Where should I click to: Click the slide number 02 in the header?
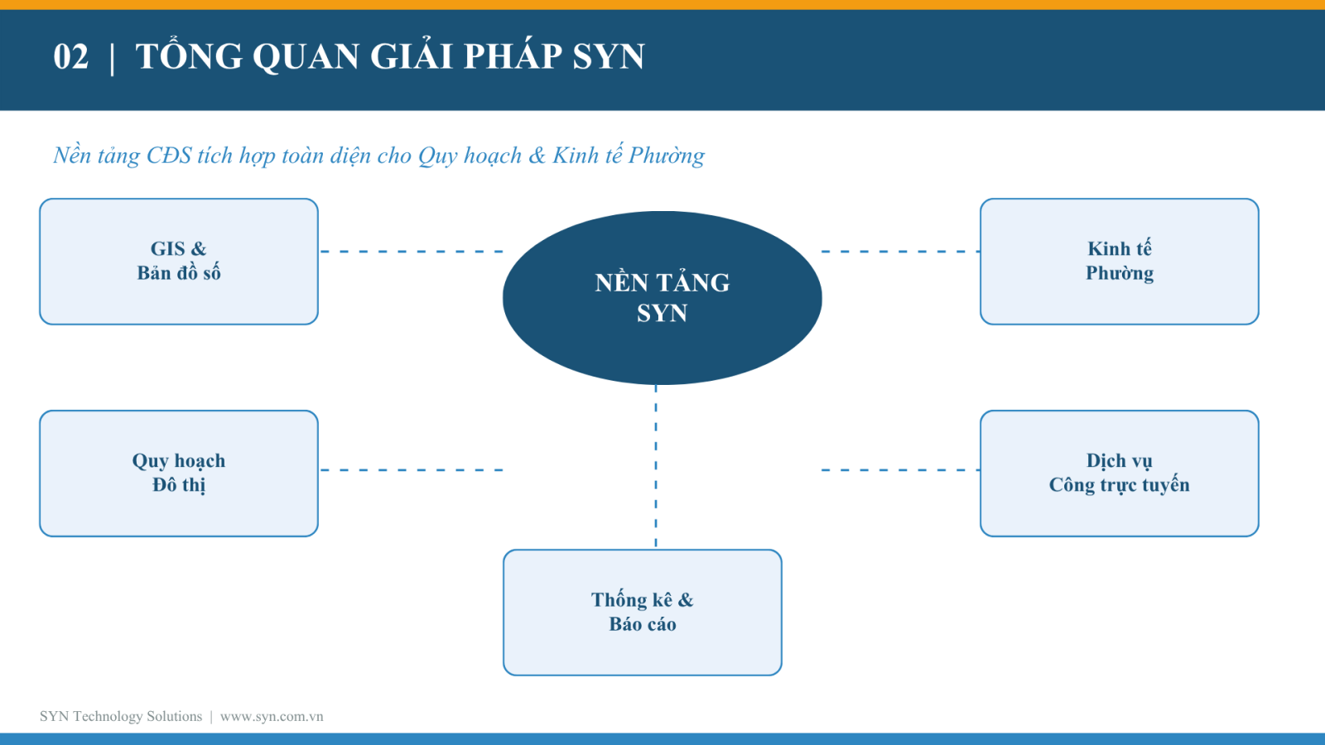pos(70,57)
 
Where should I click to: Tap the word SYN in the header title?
pos(608,57)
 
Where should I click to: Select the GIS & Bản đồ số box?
pos(179,262)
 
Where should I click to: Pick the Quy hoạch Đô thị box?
pos(179,473)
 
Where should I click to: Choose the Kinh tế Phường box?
pos(1120,262)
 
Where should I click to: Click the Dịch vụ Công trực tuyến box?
pos(1120,473)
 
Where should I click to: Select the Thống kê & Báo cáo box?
pos(643,613)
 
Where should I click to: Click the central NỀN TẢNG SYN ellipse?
pos(662,298)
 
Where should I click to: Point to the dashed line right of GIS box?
pos(412,252)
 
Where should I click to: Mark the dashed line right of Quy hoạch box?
pos(412,470)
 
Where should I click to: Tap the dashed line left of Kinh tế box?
pos(900,252)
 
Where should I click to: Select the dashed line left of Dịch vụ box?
pos(900,470)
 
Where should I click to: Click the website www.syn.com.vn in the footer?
pos(272,717)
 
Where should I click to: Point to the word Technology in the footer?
pos(108,717)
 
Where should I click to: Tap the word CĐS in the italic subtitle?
pos(169,156)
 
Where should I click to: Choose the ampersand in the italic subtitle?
pos(537,156)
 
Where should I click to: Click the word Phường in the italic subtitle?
pos(666,156)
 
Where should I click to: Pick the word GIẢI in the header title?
pos(412,57)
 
